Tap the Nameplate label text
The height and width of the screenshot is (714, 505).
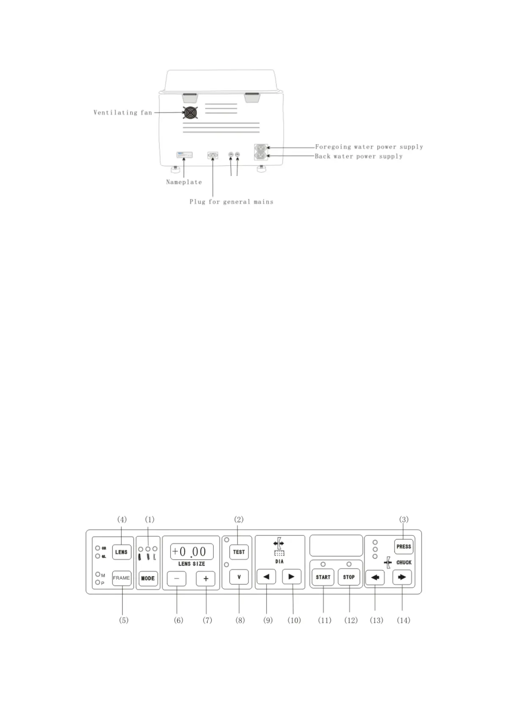point(184,182)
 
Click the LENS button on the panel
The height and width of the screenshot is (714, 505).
point(121,552)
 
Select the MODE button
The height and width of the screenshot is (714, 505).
point(148,578)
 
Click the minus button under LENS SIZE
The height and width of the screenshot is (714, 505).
point(176,579)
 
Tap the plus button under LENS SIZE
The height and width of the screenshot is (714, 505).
point(206,579)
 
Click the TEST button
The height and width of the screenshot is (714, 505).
point(239,552)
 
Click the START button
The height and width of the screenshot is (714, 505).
point(323,577)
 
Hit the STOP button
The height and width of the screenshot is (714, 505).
point(349,577)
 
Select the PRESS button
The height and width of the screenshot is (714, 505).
point(404,547)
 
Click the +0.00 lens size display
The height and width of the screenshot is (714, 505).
point(192,552)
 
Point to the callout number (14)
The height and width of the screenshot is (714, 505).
point(403,620)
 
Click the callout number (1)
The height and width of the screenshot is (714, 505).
point(150,519)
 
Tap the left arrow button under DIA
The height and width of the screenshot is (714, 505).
point(266,577)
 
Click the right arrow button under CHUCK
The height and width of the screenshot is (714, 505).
point(402,577)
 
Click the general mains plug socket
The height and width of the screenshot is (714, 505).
point(212,156)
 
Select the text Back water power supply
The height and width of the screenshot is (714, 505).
point(359,156)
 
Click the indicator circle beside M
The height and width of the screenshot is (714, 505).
point(98,575)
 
